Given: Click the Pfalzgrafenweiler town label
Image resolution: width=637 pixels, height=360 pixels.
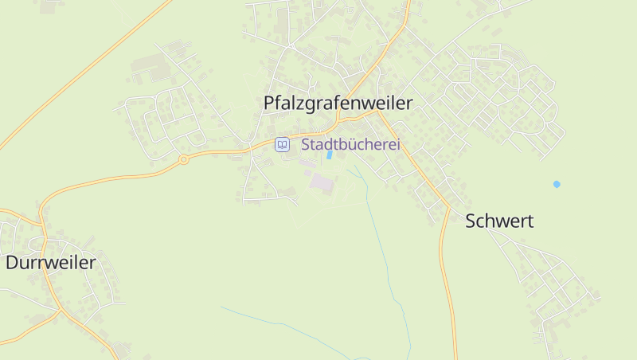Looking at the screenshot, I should (x=338, y=104).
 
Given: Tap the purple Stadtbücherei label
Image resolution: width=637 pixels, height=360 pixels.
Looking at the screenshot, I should (x=350, y=145).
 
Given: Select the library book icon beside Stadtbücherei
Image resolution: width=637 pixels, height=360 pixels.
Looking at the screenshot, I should (x=282, y=144).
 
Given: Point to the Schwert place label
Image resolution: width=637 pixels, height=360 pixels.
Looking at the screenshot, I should (x=499, y=221).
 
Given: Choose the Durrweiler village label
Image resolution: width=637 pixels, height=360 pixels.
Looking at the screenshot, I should (x=51, y=263).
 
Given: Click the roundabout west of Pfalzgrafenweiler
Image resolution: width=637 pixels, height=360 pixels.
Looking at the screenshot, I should (x=183, y=159).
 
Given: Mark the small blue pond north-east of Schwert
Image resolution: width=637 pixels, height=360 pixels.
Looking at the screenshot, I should (x=557, y=184).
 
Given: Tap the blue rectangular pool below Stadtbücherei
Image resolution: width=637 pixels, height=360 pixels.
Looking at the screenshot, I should (x=329, y=155).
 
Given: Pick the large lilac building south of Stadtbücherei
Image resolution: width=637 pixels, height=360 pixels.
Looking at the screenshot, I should (x=321, y=183).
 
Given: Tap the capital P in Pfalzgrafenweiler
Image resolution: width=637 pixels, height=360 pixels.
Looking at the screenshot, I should (x=269, y=104).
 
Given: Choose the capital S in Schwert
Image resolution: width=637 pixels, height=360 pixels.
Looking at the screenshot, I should (x=471, y=221).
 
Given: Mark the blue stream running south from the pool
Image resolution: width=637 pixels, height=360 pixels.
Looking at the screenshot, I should (x=374, y=223).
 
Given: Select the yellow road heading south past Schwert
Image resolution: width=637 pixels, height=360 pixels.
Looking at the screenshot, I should (x=447, y=279).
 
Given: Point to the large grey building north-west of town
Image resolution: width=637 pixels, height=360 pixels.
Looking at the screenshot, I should (x=147, y=64).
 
